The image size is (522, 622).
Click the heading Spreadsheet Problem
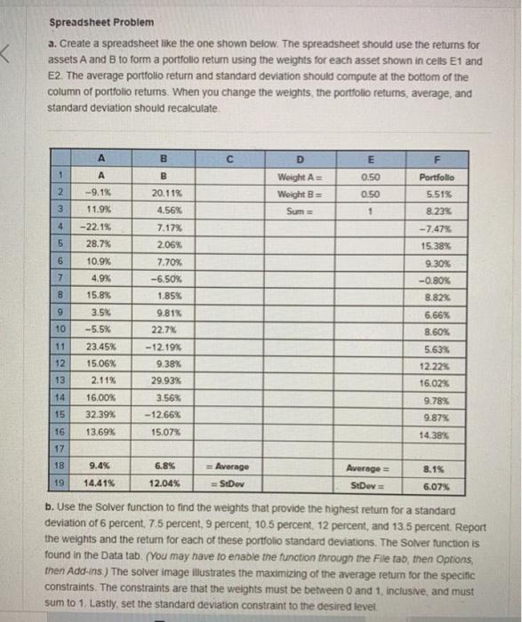[88, 21]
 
